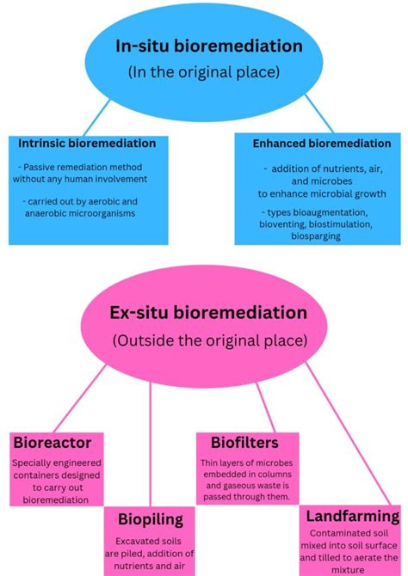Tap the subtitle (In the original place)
pos(204,72)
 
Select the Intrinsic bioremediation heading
pos(87,143)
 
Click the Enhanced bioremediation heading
pos(321,144)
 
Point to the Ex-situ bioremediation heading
pos(208,313)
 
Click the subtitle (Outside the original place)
pos(208,340)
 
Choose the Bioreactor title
pos(53,443)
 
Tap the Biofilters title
pos(244,443)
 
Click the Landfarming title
pos(352,517)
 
